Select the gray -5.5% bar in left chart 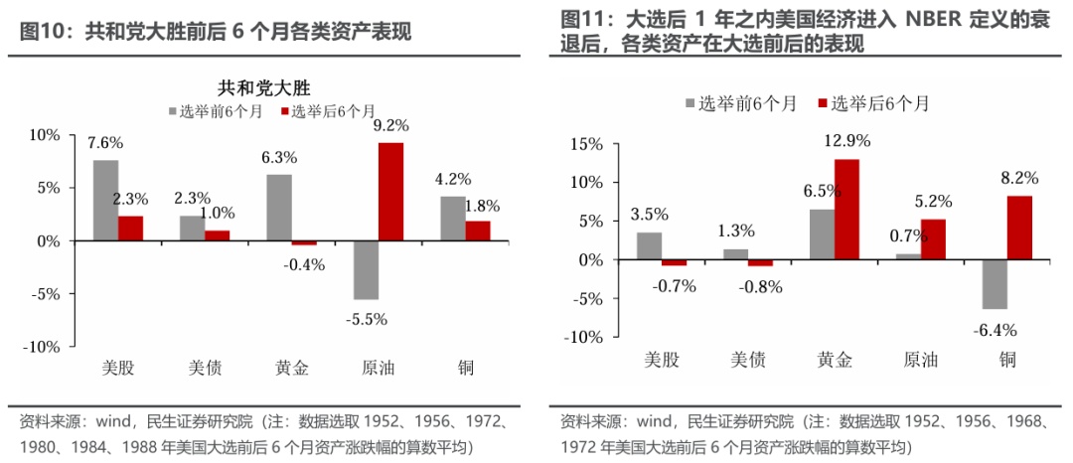[x=366, y=270]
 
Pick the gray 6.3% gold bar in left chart [x=278, y=208]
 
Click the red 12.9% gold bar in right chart [x=845, y=210]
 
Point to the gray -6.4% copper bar [x=995, y=284]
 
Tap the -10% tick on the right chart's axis [x=582, y=338]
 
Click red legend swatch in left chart [x=284, y=111]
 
